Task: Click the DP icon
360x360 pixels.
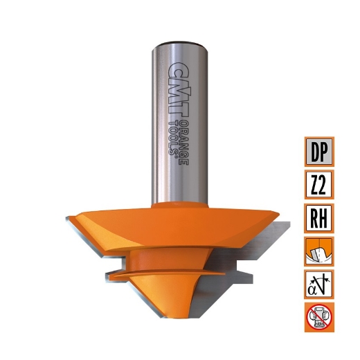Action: (319, 151)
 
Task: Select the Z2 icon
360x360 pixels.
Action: (319, 184)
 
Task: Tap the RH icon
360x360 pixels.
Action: (319, 217)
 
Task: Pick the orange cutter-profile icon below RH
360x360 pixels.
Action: (319, 251)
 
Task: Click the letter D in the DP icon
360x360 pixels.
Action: (312, 151)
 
